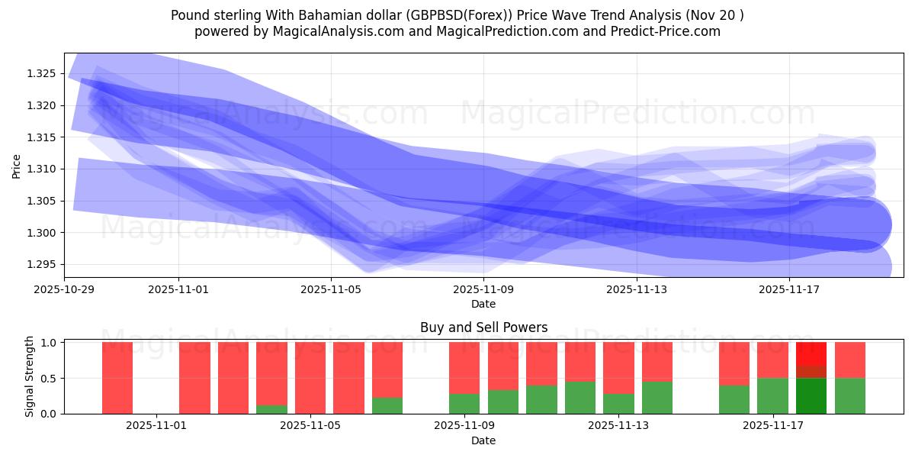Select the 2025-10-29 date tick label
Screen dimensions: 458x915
64,289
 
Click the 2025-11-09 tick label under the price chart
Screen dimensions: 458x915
483,289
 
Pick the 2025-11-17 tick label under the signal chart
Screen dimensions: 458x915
773,426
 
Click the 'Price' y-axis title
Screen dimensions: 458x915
17,165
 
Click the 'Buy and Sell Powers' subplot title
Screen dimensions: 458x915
483,327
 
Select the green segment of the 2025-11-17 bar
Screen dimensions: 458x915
772,395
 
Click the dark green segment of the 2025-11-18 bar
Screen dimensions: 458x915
811,396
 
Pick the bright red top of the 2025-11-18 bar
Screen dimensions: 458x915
811,353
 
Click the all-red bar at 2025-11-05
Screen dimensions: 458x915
310,378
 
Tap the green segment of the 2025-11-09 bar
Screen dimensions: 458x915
464,404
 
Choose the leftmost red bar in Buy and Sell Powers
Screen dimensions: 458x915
117,378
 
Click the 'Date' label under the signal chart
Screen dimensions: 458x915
483,440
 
